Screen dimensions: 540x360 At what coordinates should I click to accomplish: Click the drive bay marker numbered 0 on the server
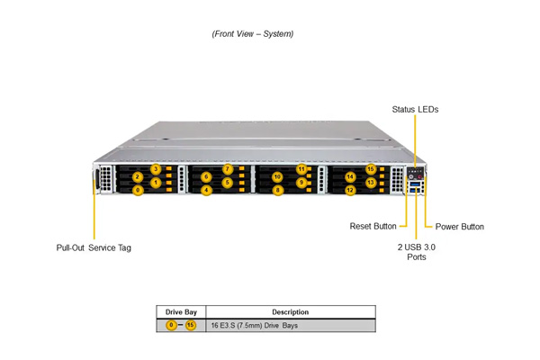click(138, 190)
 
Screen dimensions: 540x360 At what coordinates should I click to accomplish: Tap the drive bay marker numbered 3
click(156, 169)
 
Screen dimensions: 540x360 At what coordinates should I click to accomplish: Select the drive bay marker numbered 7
click(228, 169)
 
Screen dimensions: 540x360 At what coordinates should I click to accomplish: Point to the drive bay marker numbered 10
click(277, 177)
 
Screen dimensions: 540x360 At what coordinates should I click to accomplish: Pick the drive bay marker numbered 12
click(350, 190)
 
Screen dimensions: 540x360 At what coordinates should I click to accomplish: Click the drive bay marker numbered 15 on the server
click(371, 169)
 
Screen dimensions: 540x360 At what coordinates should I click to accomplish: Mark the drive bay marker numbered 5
click(228, 182)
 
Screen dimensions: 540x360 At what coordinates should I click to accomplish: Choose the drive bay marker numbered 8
click(278, 190)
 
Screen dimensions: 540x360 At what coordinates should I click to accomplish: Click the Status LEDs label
click(415, 110)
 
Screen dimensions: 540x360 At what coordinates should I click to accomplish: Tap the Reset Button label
click(373, 226)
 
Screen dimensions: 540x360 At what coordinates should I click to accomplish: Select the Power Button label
click(460, 227)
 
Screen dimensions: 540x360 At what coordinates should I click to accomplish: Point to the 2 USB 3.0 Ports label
click(417, 252)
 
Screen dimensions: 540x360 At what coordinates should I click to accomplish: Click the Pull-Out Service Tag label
click(94, 247)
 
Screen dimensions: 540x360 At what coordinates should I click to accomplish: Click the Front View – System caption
click(253, 34)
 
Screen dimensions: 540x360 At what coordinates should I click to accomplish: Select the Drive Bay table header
click(181, 312)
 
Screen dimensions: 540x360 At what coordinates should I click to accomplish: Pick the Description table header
click(291, 312)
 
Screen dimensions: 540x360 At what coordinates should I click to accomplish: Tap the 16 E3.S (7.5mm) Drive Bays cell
click(255, 326)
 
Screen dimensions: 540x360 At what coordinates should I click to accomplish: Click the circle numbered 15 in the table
click(191, 325)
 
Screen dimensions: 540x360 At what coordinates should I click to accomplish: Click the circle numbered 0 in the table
click(171, 325)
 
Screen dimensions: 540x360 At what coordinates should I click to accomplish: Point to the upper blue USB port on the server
click(415, 184)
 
